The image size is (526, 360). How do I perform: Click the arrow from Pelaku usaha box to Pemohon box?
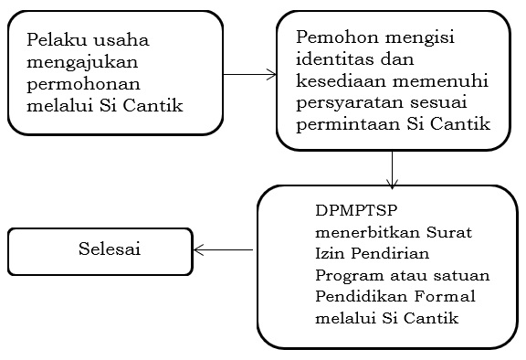[x=250, y=74]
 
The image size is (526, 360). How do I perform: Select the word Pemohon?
[x=332, y=39]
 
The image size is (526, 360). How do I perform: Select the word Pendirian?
[x=384, y=251]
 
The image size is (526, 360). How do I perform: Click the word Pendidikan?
[x=355, y=295]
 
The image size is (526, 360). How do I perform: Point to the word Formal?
[x=432, y=295]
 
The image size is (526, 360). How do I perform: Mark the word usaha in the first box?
[x=125, y=40]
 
